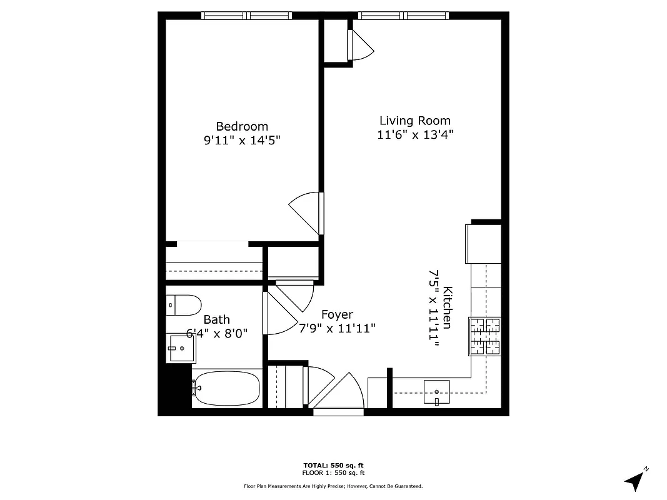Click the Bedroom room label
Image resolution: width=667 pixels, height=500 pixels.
point(242,126)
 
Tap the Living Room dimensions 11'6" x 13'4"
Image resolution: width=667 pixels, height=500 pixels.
point(414,134)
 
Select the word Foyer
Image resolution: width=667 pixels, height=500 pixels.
point(337,314)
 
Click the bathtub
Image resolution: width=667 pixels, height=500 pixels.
point(226,389)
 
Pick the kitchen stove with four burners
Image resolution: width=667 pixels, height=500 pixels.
point(485,336)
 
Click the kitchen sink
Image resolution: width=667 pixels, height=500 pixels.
point(436,392)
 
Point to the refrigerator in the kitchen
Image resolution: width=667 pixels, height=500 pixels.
point(483,244)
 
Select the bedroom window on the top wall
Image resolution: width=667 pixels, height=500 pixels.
point(246,16)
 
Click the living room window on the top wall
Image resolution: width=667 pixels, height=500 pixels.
point(403,16)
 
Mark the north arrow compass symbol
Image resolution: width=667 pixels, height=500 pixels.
point(636,479)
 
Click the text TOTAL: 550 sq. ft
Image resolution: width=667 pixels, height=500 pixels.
point(333,466)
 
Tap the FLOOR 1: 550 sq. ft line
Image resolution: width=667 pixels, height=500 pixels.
point(333,473)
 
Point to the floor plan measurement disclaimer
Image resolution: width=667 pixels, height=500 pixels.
point(333,486)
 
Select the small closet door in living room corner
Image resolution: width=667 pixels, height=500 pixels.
point(359,46)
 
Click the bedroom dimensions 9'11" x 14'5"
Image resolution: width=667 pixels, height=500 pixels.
point(242,141)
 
